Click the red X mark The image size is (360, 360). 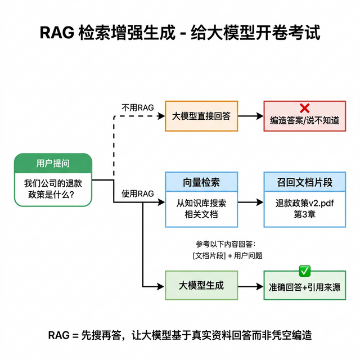tap(304, 108)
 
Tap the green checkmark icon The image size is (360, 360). tap(304, 272)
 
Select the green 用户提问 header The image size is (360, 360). tap(53, 163)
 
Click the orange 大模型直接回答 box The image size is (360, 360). tap(201, 116)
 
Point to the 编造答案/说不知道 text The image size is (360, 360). tap(304, 121)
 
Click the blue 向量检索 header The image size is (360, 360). tap(201, 182)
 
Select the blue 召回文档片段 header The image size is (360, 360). tap(304, 182)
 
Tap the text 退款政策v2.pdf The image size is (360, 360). tap(304, 203)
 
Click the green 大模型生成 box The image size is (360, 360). tap(201, 285)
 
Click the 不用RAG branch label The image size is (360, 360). tap(137, 107)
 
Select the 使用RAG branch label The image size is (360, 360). tap(137, 194)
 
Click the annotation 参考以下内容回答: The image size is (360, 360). tap(226, 244)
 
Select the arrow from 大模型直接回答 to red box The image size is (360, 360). tap(250, 116)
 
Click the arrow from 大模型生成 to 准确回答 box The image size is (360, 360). tap(250, 285)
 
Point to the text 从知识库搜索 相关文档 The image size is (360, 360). tap(201, 208)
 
